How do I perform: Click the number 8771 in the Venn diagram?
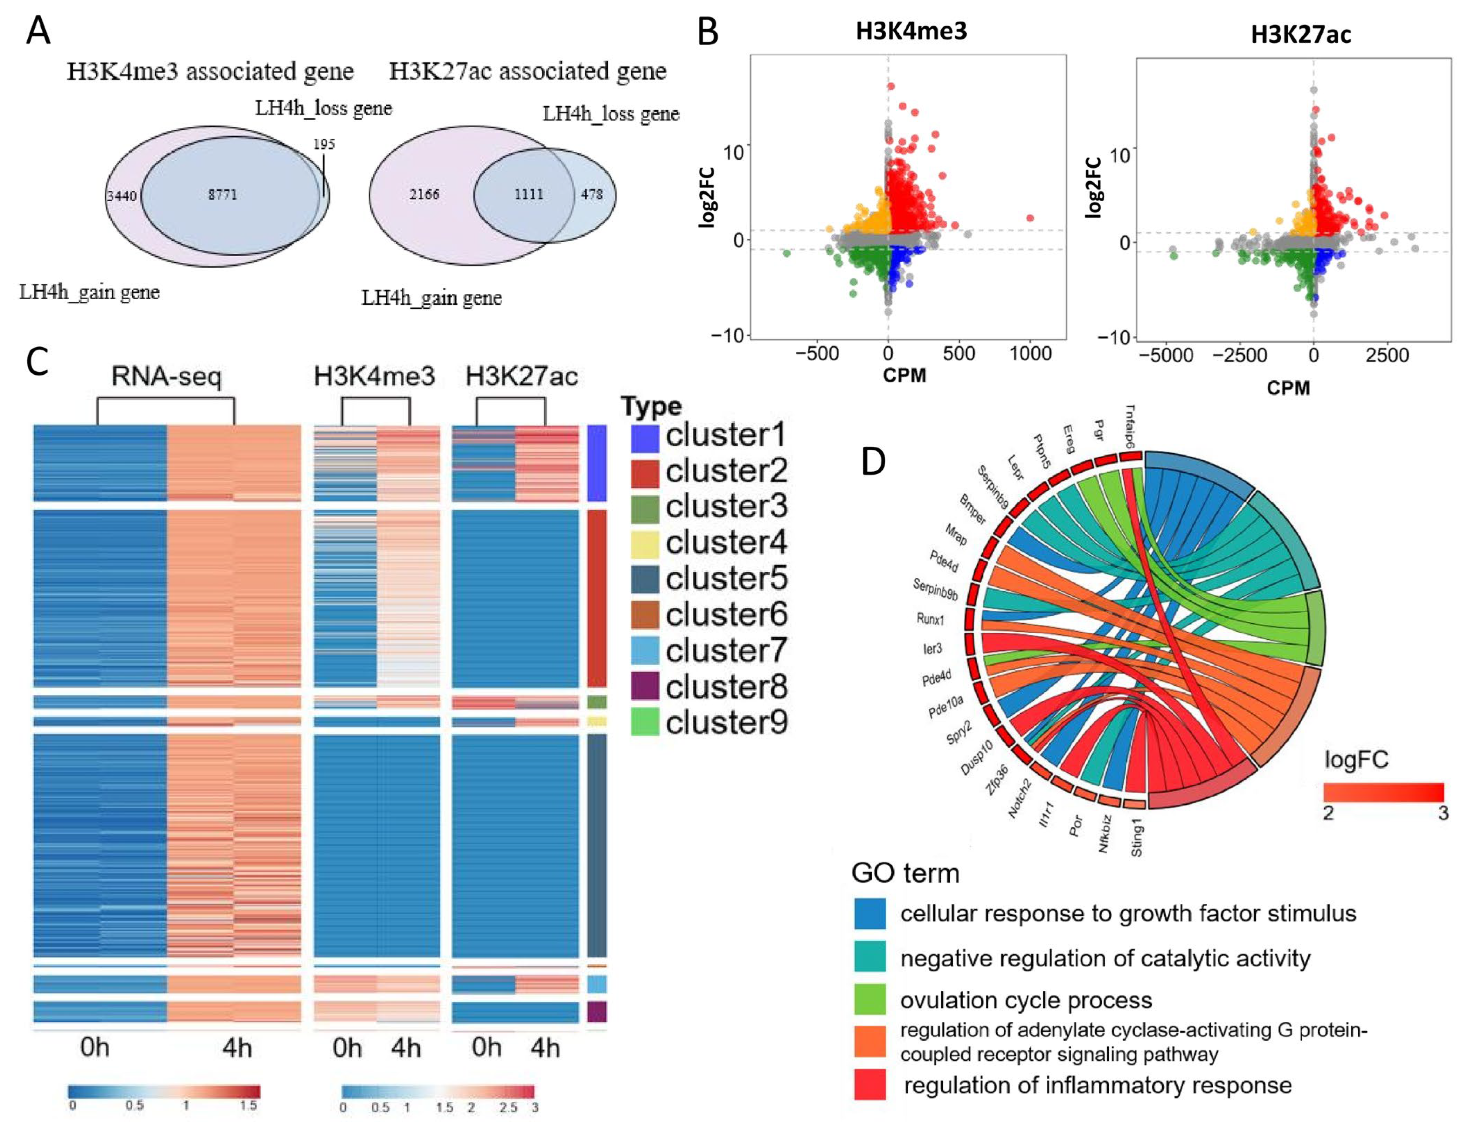point(222,195)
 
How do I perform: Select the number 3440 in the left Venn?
point(122,196)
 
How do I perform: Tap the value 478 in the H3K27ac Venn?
point(592,194)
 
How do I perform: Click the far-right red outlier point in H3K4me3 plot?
point(1030,218)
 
